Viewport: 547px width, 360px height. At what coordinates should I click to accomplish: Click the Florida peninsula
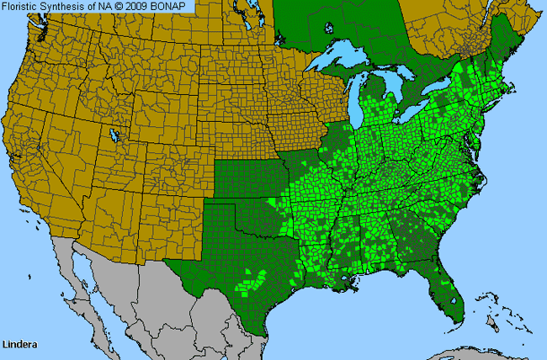(444, 282)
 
